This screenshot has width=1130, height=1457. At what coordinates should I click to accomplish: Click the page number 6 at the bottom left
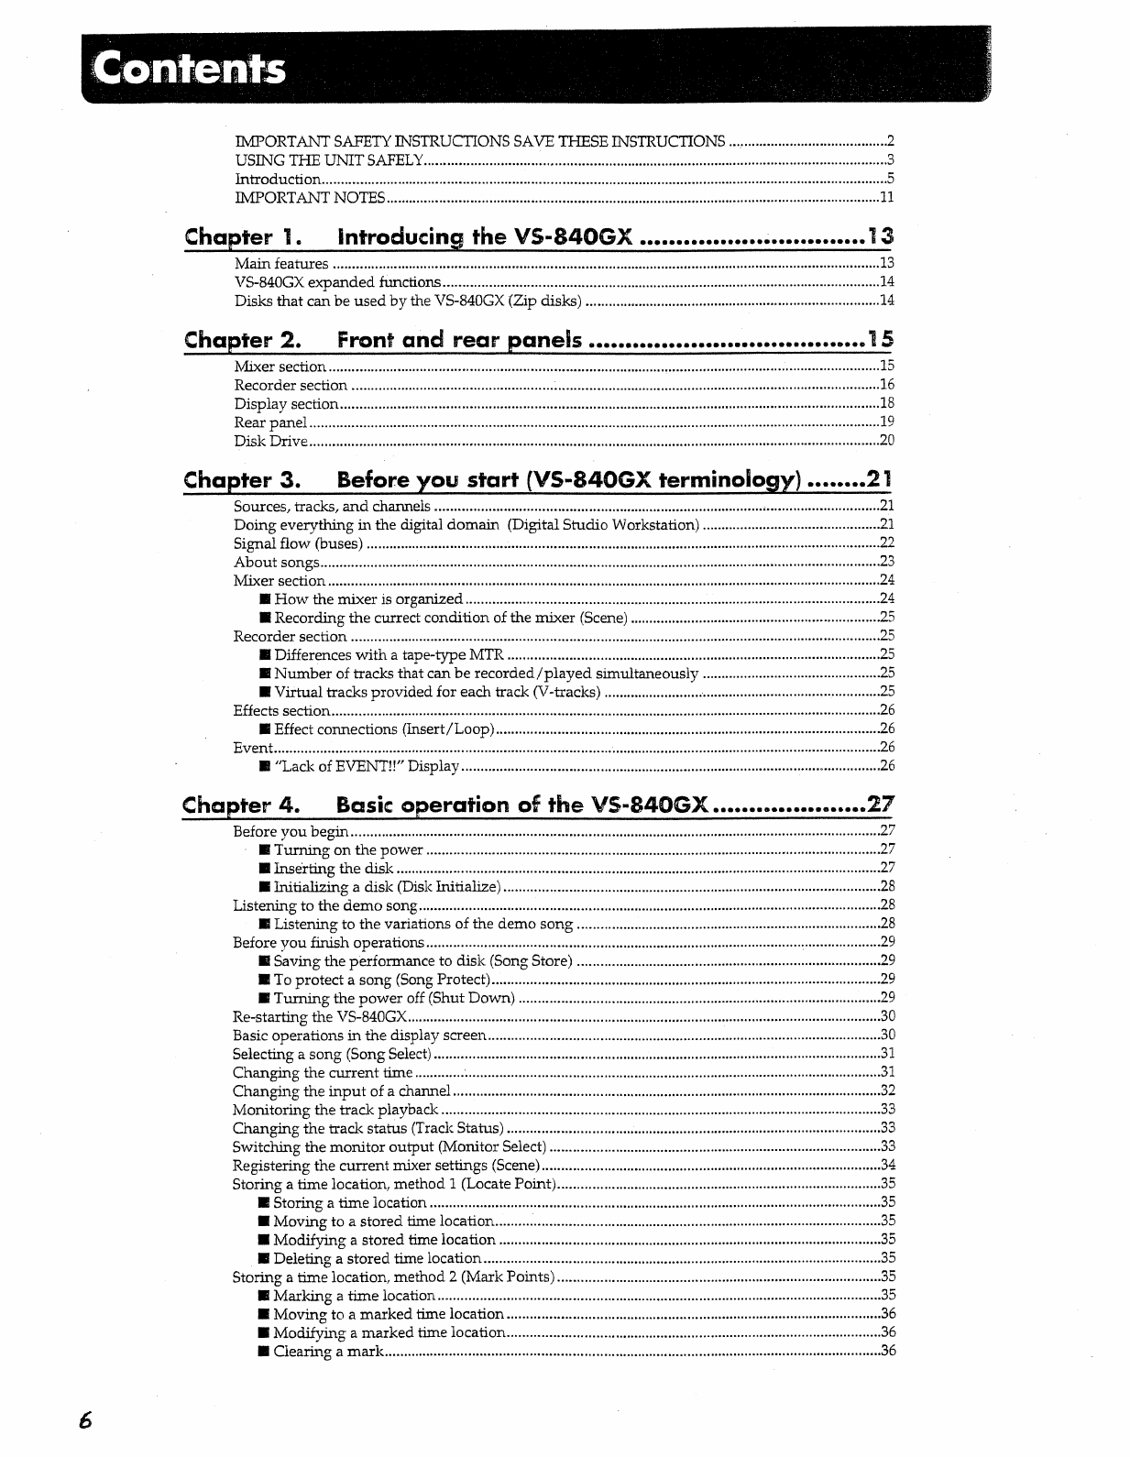[85, 1421]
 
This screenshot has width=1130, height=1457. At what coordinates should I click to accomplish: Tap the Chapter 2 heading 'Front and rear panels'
[459, 341]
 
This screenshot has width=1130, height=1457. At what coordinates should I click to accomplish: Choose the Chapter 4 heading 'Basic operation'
[522, 805]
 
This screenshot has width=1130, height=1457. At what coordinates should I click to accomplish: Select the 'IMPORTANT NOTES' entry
[310, 198]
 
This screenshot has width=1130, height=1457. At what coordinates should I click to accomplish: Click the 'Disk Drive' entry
[270, 442]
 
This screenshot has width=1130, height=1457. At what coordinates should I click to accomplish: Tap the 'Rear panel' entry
[270, 422]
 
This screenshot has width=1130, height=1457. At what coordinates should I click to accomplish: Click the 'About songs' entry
[276, 563]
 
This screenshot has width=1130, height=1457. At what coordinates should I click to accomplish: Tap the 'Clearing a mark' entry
[327, 1352]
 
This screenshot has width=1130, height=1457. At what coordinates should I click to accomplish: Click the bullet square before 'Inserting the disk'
[264, 869]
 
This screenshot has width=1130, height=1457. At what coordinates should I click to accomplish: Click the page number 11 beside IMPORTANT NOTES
[886, 198]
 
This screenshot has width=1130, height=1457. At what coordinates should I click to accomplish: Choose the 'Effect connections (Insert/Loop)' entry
[384, 729]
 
